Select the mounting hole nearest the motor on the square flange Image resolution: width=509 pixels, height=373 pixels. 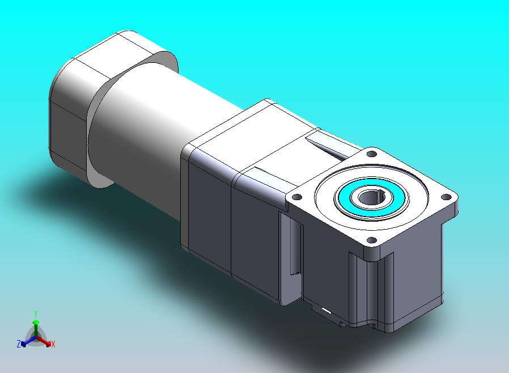point(372,154)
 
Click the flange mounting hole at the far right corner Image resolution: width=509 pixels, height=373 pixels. point(446,197)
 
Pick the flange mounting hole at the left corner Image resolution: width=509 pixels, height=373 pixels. point(296,197)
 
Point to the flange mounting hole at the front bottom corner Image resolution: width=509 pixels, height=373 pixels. point(371,240)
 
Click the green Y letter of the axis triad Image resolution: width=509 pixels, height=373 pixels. point(36,313)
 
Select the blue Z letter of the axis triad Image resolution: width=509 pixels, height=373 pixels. point(19,344)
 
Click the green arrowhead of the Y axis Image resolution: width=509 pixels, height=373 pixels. point(36,322)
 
